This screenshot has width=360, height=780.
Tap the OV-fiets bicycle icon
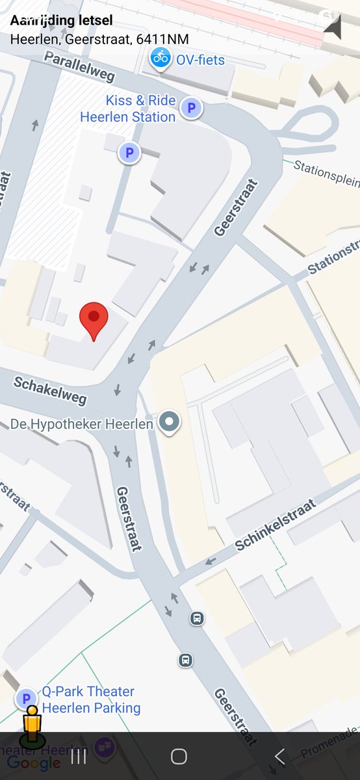pyautogui.click(x=160, y=58)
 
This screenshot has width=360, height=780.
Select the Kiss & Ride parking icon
pyautogui.click(x=191, y=108)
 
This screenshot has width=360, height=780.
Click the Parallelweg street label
pyautogui.click(x=79, y=67)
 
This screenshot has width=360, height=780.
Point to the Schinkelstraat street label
pyautogui.click(x=276, y=525)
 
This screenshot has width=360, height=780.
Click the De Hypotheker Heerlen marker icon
pyautogui.click(x=170, y=422)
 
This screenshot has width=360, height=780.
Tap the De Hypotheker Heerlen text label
pyautogui.click(x=82, y=424)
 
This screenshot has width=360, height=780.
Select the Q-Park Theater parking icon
pyautogui.click(x=27, y=699)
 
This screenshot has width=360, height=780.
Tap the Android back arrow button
pyautogui.click(x=279, y=756)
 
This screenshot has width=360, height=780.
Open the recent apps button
pyautogui.click(x=79, y=756)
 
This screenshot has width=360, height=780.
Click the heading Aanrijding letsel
pyautogui.click(x=61, y=21)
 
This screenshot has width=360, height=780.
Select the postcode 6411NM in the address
pyautogui.click(x=162, y=39)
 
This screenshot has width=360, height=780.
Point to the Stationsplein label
pyautogui.click(x=326, y=174)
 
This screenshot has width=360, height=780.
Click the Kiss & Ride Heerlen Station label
pyautogui.click(x=128, y=109)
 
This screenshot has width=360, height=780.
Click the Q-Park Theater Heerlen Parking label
pyautogui.click(x=91, y=699)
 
